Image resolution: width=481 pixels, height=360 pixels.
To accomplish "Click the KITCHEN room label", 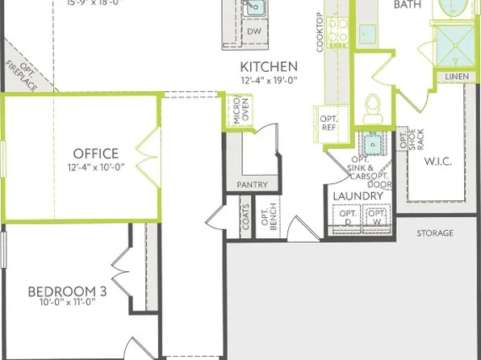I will [x=270, y=66].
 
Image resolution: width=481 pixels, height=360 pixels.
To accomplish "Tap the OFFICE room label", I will [x=96, y=153].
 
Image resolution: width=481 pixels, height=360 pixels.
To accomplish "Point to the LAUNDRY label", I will [x=358, y=196].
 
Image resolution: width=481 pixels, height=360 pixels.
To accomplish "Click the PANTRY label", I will [x=252, y=185].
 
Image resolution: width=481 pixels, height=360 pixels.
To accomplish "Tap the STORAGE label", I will [x=435, y=233].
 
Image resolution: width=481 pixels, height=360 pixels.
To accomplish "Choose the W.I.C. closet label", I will [x=437, y=161].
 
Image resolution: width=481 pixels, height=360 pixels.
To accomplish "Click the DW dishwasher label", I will [x=254, y=31].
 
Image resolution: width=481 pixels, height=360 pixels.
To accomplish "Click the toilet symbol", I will [x=372, y=107].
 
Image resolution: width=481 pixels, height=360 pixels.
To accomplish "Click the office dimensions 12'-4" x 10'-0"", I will [x=96, y=167].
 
